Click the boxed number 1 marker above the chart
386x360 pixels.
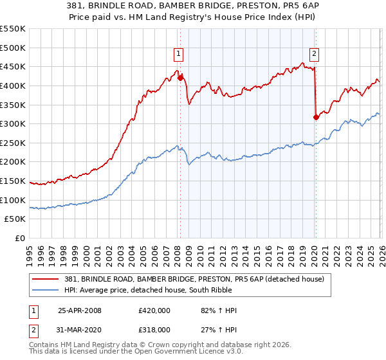[x=178, y=54]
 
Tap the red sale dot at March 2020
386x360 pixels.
[x=316, y=117]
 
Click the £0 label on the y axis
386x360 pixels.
[x=19, y=238]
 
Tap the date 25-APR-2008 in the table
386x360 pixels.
[x=79, y=310]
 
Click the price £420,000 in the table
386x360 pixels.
[x=154, y=310]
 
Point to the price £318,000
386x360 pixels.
[x=154, y=329]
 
